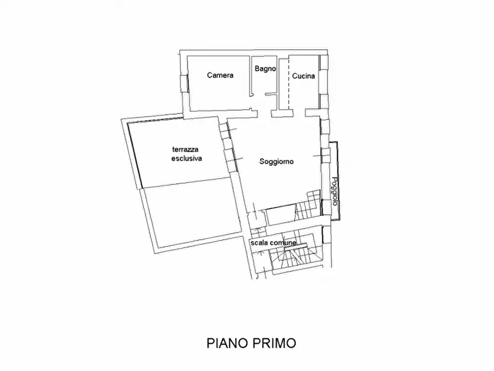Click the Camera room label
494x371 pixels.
220,75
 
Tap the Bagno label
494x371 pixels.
265,69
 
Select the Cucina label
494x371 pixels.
304,76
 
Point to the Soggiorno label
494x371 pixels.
276,162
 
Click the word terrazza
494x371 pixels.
186,150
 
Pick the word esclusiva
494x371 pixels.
186,158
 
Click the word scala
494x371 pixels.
260,243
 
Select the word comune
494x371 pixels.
285,243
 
